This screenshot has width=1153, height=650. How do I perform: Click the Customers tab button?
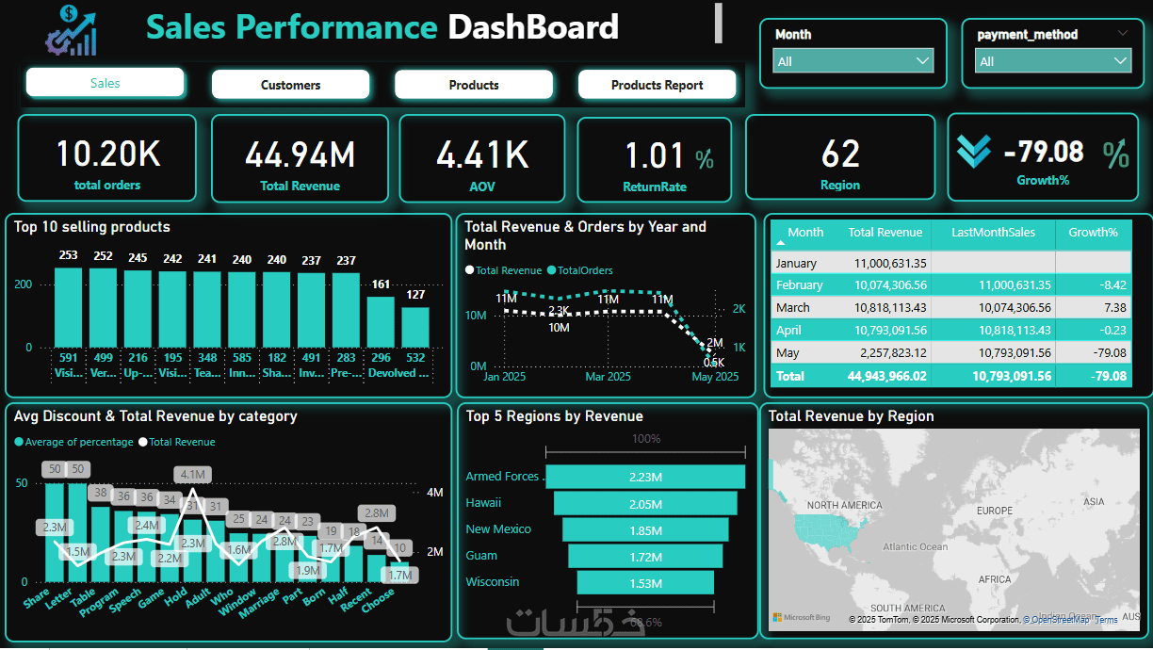pyautogui.click(x=290, y=85)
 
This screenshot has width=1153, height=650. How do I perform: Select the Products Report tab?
pyautogui.click(x=657, y=85)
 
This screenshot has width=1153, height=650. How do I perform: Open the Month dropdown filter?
pyautogui.click(x=853, y=61)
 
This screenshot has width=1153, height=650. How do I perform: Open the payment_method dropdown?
pyautogui.click(x=1052, y=61)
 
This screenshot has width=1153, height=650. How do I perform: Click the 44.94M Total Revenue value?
pyautogui.click(x=300, y=154)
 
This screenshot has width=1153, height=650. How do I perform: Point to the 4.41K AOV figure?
pyautogui.click(x=481, y=154)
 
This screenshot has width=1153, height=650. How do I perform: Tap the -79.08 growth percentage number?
pyautogui.click(x=1043, y=152)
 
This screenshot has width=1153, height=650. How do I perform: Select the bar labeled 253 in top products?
pyautogui.click(x=68, y=307)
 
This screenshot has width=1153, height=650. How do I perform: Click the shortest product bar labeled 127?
pyautogui.click(x=415, y=327)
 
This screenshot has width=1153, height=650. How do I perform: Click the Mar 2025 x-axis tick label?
pyautogui.click(x=608, y=377)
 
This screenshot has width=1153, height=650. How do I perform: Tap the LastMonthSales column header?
pyautogui.click(x=993, y=233)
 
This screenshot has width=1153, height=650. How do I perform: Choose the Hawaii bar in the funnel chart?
pyautogui.click(x=645, y=503)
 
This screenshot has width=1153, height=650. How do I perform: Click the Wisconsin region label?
pyautogui.click(x=492, y=581)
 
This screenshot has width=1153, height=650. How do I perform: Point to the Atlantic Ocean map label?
pyautogui.click(x=915, y=546)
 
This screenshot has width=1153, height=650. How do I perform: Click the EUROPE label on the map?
pyautogui.click(x=994, y=511)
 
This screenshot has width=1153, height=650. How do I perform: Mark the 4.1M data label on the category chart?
pyautogui.click(x=193, y=474)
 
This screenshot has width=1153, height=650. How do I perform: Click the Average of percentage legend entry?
pyautogui.click(x=78, y=442)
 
